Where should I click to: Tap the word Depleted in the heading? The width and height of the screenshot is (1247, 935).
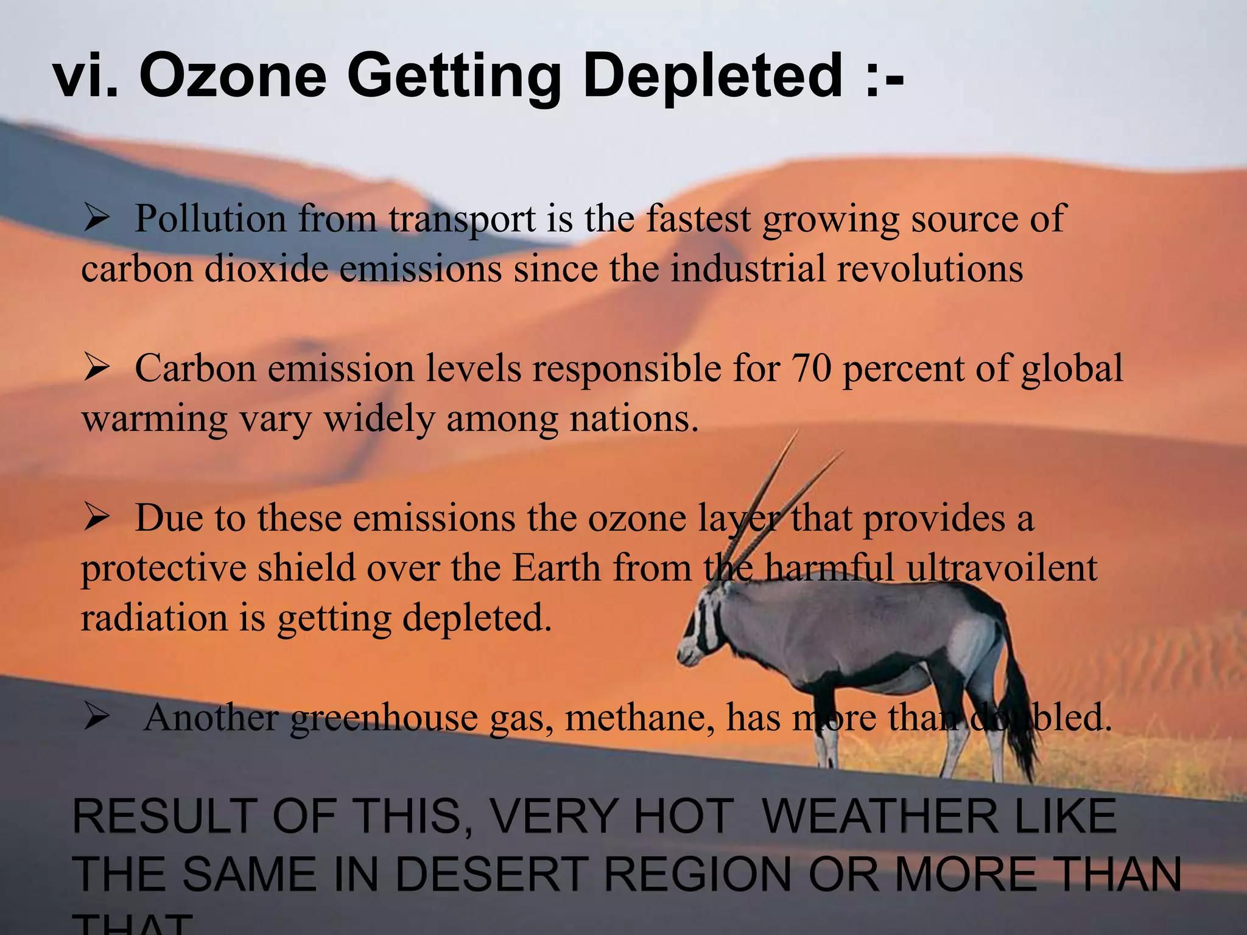713,75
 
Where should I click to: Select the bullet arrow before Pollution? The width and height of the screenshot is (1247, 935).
97,219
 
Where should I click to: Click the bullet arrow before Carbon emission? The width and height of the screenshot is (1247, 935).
97,368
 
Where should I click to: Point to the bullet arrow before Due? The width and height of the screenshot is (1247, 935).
97,518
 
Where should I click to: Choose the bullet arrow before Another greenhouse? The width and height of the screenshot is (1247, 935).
97,718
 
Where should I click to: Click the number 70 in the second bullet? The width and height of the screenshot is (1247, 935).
811,368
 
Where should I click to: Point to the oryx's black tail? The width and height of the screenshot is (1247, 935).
1023,718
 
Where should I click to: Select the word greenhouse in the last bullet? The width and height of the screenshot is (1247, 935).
384,718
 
